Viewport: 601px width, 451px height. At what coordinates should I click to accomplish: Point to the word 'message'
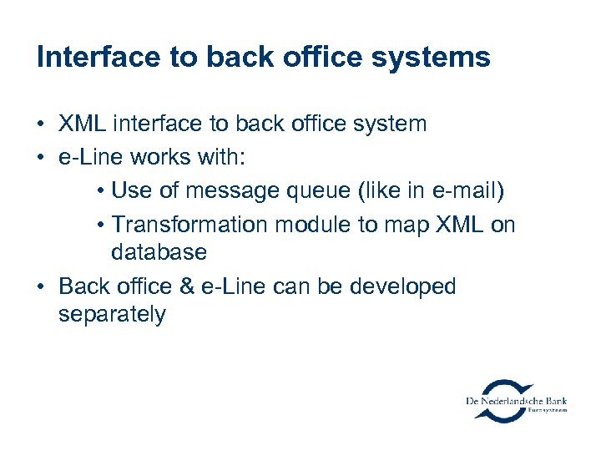click(230, 191)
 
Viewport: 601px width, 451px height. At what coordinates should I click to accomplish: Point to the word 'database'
click(159, 252)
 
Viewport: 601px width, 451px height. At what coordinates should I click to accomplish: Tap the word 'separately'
click(112, 315)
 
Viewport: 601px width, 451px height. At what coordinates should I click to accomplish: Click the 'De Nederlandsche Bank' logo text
click(517, 401)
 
